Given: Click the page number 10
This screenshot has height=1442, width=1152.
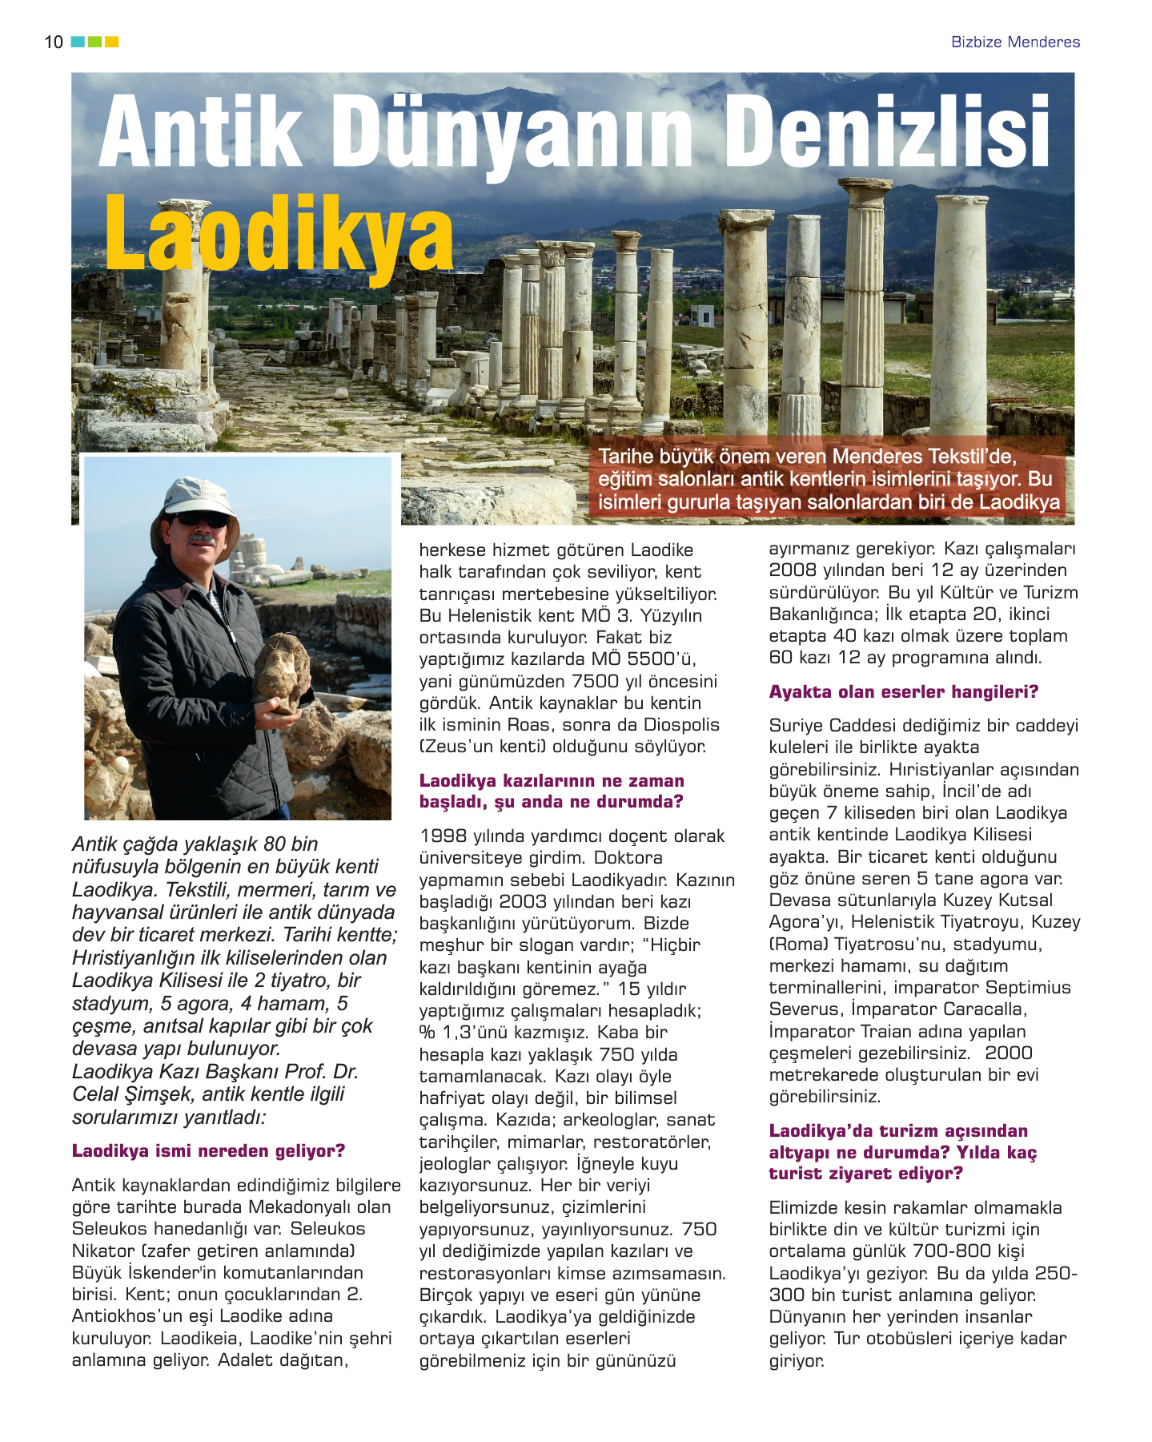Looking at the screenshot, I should coord(54,42).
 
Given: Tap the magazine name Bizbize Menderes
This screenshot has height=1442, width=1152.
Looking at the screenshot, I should coord(1015,42).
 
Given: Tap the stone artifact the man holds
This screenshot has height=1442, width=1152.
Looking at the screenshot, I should coord(282,672).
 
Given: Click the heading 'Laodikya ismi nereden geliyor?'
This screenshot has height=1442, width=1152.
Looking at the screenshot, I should coord(208,1151).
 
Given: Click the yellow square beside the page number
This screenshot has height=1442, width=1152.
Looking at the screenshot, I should coord(112,42).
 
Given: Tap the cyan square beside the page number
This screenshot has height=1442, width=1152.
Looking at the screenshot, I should coord(78,42).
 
